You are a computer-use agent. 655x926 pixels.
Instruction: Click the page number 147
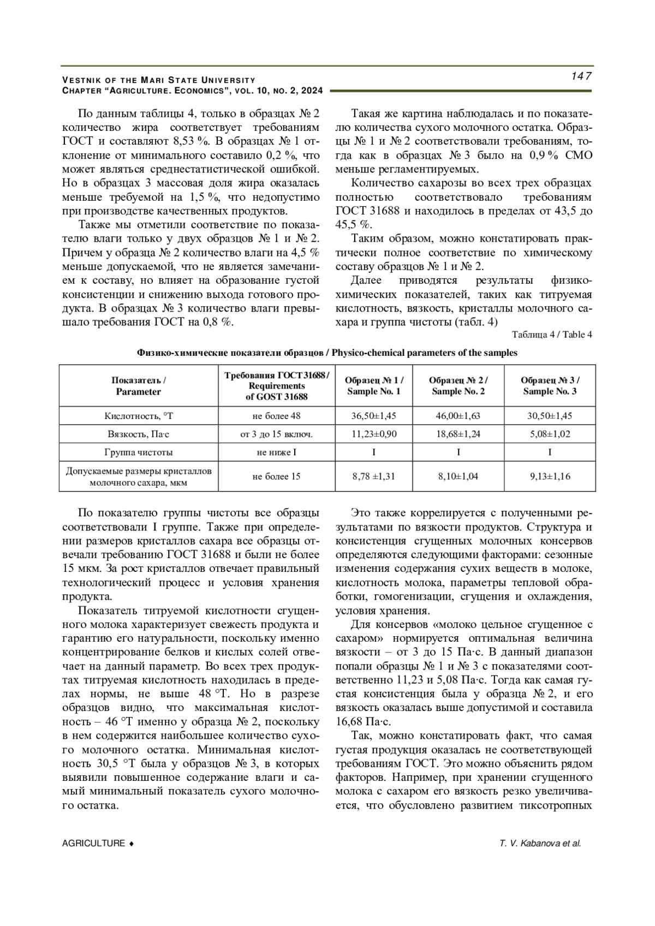[581, 76]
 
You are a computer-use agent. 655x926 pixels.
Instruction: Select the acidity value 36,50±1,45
[374, 416]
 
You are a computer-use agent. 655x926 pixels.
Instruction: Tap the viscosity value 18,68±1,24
[458, 434]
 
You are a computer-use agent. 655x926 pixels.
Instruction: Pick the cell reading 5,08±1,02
[550, 434]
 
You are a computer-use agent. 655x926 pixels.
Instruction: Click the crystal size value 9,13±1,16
[550, 476]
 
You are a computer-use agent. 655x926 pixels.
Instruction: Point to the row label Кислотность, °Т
[139, 416]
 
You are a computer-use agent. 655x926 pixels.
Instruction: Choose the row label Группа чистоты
[139, 452]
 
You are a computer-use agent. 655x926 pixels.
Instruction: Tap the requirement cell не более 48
[276, 416]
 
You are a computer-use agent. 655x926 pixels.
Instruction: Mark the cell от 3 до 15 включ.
[276, 434]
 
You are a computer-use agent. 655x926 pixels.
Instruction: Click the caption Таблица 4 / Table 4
[552, 335]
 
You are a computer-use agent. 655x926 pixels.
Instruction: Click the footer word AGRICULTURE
[94, 843]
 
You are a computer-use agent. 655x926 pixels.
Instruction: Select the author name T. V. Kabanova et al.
[540, 843]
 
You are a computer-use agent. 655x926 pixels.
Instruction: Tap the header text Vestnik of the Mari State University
[159, 80]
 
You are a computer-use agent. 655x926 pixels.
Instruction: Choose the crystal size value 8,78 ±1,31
[374, 476]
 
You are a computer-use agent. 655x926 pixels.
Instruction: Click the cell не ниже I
[276, 452]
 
